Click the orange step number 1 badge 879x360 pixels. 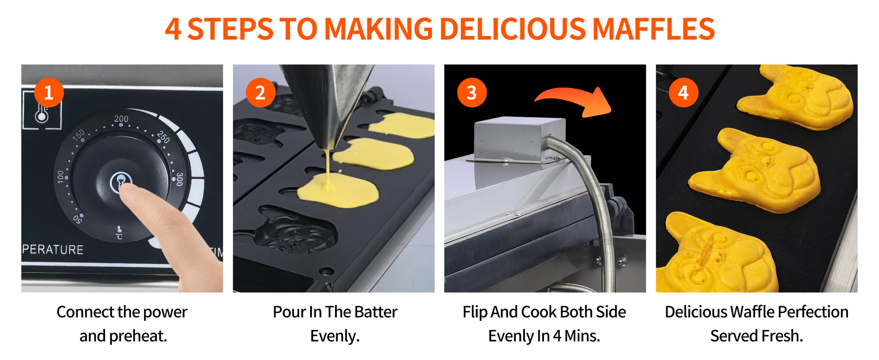[x=49, y=93]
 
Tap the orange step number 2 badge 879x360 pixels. [x=260, y=93]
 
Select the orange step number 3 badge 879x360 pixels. [x=472, y=93]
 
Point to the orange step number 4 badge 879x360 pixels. [x=683, y=93]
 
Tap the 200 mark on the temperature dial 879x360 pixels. [x=121, y=119]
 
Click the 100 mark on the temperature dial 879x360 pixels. [x=60, y=177]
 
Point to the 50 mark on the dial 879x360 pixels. [x=78, y=219]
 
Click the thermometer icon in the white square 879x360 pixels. [x=42, y=111]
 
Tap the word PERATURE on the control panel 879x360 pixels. [x=53, y=249]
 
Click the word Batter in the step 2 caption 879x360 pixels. [x=376, y=312]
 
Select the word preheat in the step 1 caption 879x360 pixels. [x=138, y=336]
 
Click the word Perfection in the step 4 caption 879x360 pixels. [x=813, y=312]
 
